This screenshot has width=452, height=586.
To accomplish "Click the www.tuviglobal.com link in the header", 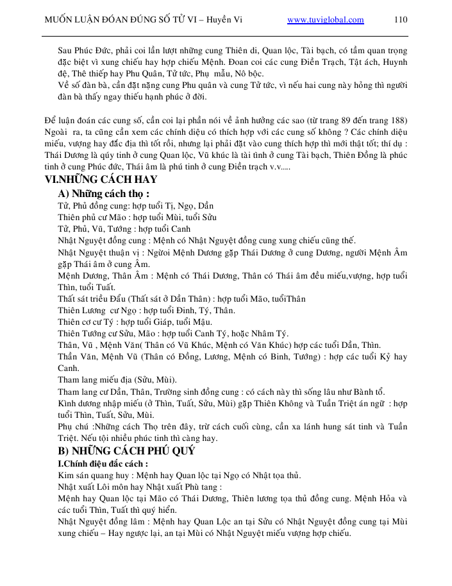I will coord(326,19).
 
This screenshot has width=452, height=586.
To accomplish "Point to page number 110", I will coord(400,19).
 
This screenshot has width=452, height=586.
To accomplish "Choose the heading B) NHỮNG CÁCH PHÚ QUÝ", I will coord(126,451).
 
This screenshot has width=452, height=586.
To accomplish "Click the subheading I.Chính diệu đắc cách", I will coord(103,463).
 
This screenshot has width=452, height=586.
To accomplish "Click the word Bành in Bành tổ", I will coord(363,392).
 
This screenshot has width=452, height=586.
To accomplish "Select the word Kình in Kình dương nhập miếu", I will coord(67,403).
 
